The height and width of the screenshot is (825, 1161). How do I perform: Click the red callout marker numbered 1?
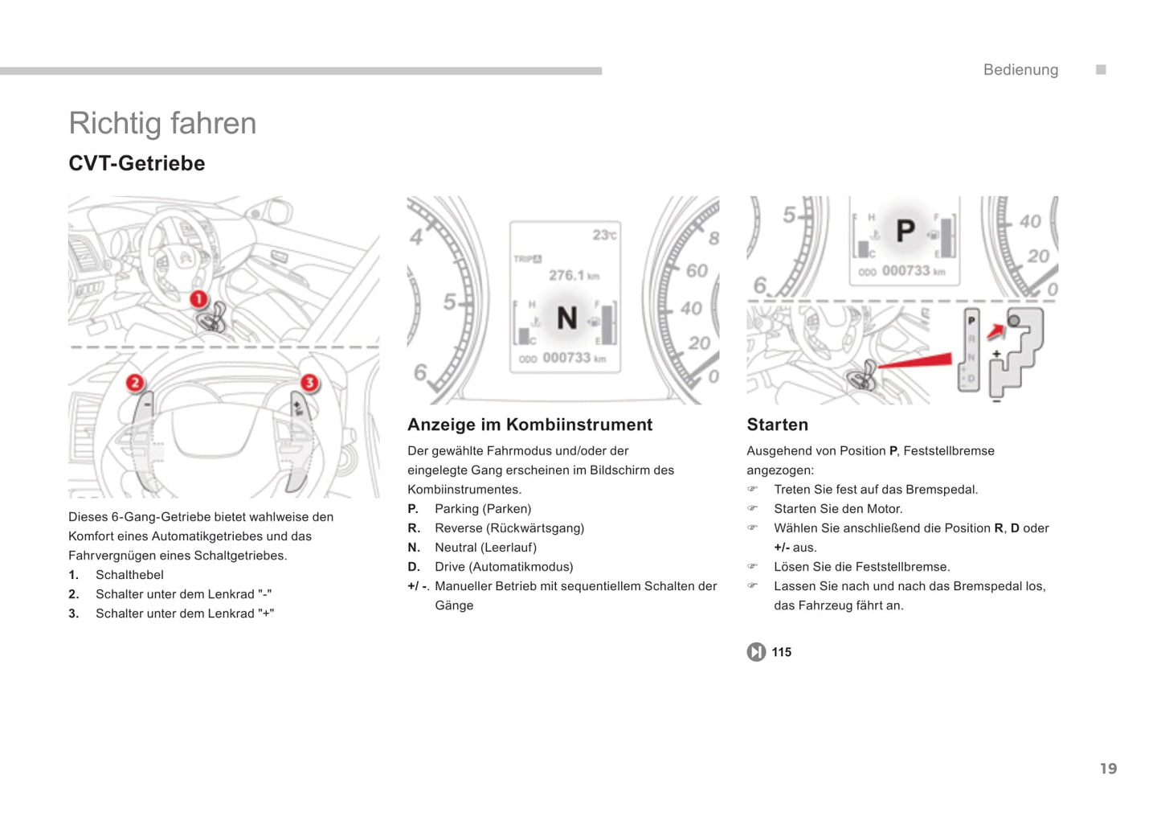click(198, 300)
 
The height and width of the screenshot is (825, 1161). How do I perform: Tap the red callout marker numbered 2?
click(135, 383)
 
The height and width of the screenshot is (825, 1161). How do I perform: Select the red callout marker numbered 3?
click(309, 383)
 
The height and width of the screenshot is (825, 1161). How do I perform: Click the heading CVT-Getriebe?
click(137, 163)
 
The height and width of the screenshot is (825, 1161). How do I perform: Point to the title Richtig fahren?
click(162, 123)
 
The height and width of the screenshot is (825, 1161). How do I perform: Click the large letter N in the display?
click(567, 318)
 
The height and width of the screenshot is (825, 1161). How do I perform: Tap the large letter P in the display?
click(905, 232)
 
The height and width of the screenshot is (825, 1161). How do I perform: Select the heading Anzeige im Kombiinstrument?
click(529, 425)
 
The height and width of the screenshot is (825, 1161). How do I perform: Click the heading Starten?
click(777, 425)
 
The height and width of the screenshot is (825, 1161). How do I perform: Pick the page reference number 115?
click(782, 652)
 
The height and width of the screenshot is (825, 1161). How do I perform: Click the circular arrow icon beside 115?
click(756, 652)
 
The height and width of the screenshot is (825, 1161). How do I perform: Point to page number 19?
click(1108, 769)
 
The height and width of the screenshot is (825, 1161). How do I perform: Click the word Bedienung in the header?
click(1020, 70)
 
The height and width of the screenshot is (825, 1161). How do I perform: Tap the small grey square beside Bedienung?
click(1101, 70)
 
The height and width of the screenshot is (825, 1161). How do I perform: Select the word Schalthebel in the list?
click(129, 575)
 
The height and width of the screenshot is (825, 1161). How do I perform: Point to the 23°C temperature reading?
click(604, 235)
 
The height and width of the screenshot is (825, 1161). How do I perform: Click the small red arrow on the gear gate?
click(995, 330)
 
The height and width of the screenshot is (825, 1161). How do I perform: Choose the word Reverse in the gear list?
click(459, 528)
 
